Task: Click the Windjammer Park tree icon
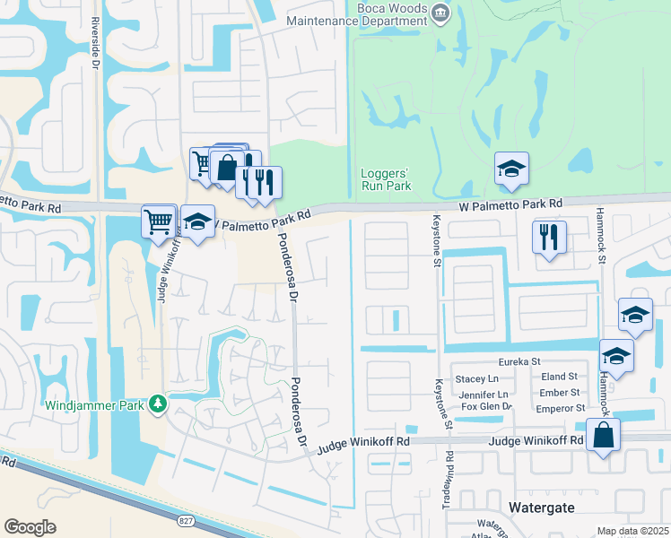158,405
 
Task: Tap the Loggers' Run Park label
385,179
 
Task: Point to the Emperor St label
561,407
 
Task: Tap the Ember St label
560,393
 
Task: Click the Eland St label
560,377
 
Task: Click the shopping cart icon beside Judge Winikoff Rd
159,219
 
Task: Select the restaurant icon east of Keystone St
548,237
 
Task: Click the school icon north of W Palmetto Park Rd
511,168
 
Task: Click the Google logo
30,527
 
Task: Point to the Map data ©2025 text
632,531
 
